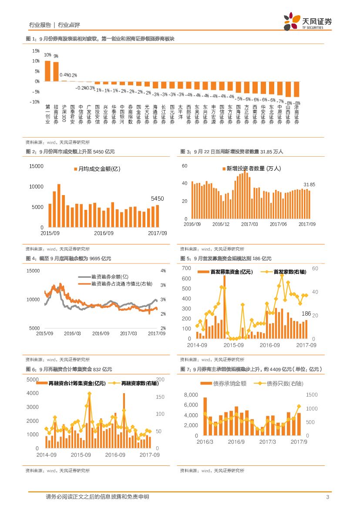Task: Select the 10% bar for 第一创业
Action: point(47,71)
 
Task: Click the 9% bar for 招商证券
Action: point(56,71)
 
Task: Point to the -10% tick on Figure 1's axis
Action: point(34,102)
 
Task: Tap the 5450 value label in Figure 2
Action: point(157,199)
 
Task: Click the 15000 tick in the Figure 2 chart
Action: point(37,166)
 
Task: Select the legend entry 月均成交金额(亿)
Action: point(96,169)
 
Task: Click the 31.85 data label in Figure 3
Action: point(309,185)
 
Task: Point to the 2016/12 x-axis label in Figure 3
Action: point(221,224)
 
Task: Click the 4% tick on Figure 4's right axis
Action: point(163,271)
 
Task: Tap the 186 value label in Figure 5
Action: point(306,314)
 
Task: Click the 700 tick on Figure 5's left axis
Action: point(186,269)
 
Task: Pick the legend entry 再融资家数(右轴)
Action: point(136,383)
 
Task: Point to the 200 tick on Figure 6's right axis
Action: point(160,380)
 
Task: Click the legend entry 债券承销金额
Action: point(226,384)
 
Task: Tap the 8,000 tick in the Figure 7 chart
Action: point(191,395)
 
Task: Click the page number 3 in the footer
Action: point(327,497)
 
